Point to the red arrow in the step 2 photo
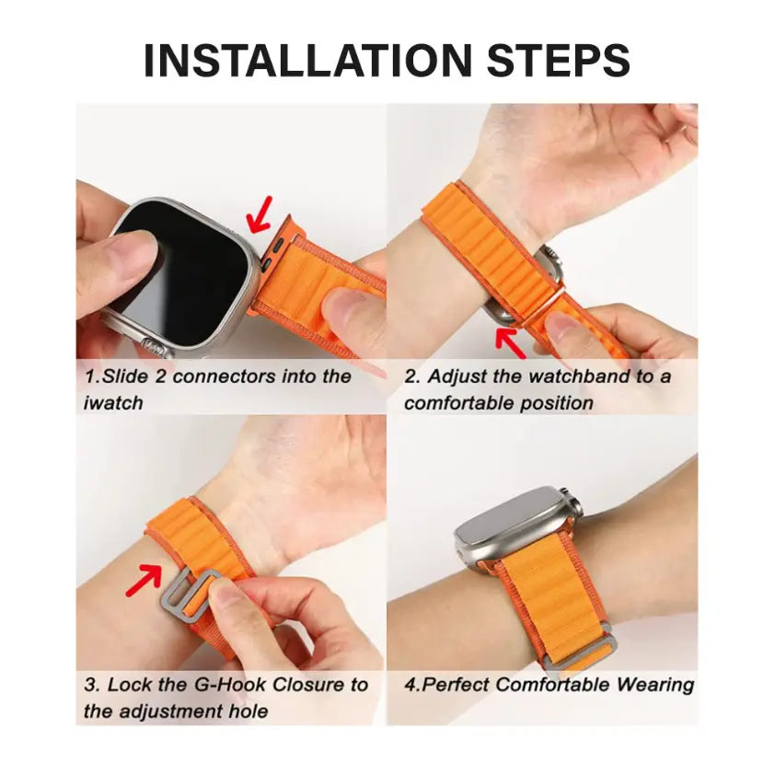pyautogui.click(x=511, y=341)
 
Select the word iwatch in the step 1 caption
pyautogui.click(x=112, y=402)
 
